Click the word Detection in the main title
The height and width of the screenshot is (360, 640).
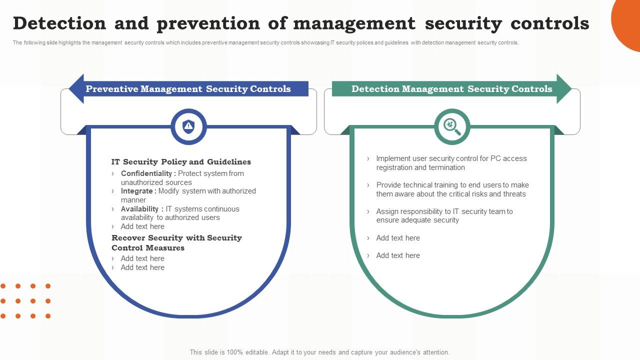coord(59,23)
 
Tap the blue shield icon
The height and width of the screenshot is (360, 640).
coord(188,126)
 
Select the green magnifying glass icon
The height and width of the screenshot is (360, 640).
coord(452,126)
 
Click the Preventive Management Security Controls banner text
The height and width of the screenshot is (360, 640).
coord(188,89)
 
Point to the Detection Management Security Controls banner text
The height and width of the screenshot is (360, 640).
coord(451,89)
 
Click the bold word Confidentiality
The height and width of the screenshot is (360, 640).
coord(148,173)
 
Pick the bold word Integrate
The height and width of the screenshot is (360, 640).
coord(138,191)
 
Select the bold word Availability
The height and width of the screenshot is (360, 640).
coord(142,209)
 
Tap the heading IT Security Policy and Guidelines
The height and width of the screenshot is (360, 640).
coord(181,162)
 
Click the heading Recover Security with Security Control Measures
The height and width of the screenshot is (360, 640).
coord(176,242)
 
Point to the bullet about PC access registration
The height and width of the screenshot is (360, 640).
coord(451,163)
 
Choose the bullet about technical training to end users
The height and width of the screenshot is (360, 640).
coord(452,189)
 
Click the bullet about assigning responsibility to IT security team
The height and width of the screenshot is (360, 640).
coord(444,216)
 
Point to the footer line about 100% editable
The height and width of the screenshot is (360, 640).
coord(319,352)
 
